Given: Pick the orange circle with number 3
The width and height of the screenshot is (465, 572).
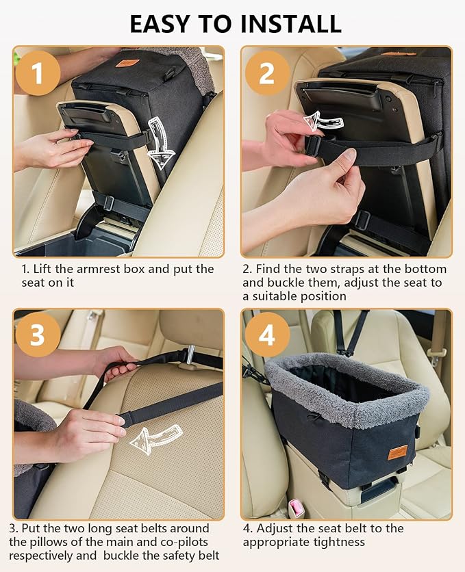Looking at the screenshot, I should click(38, 335).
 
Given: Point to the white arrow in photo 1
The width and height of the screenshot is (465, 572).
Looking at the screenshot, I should click(160, 143).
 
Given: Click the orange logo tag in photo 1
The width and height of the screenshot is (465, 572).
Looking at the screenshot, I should click(127, 63).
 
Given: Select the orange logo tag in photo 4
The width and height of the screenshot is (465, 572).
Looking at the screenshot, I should click(397, 452).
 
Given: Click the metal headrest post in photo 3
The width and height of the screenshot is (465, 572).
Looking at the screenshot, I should click(190, 354).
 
